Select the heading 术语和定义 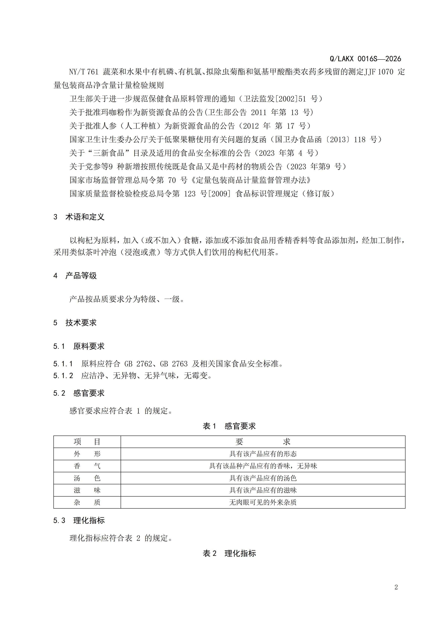click(x=85, y=217)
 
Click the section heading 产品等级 click(x=81, y=276)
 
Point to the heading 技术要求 click(x=81, y=323)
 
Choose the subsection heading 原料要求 click(x=89, y=346)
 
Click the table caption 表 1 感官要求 click(x=229, y=426)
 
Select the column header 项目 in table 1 click(x=87, y=442)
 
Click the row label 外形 click(x=87, y=454)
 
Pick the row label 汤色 click(x=87, y=478)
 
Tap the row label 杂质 click(x=87, y=502)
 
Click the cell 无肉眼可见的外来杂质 click(x=263, y=502)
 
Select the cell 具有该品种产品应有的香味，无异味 click(x=263, y=466)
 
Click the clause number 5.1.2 click(x=63, y=376)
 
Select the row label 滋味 click(x=87, y=490)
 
